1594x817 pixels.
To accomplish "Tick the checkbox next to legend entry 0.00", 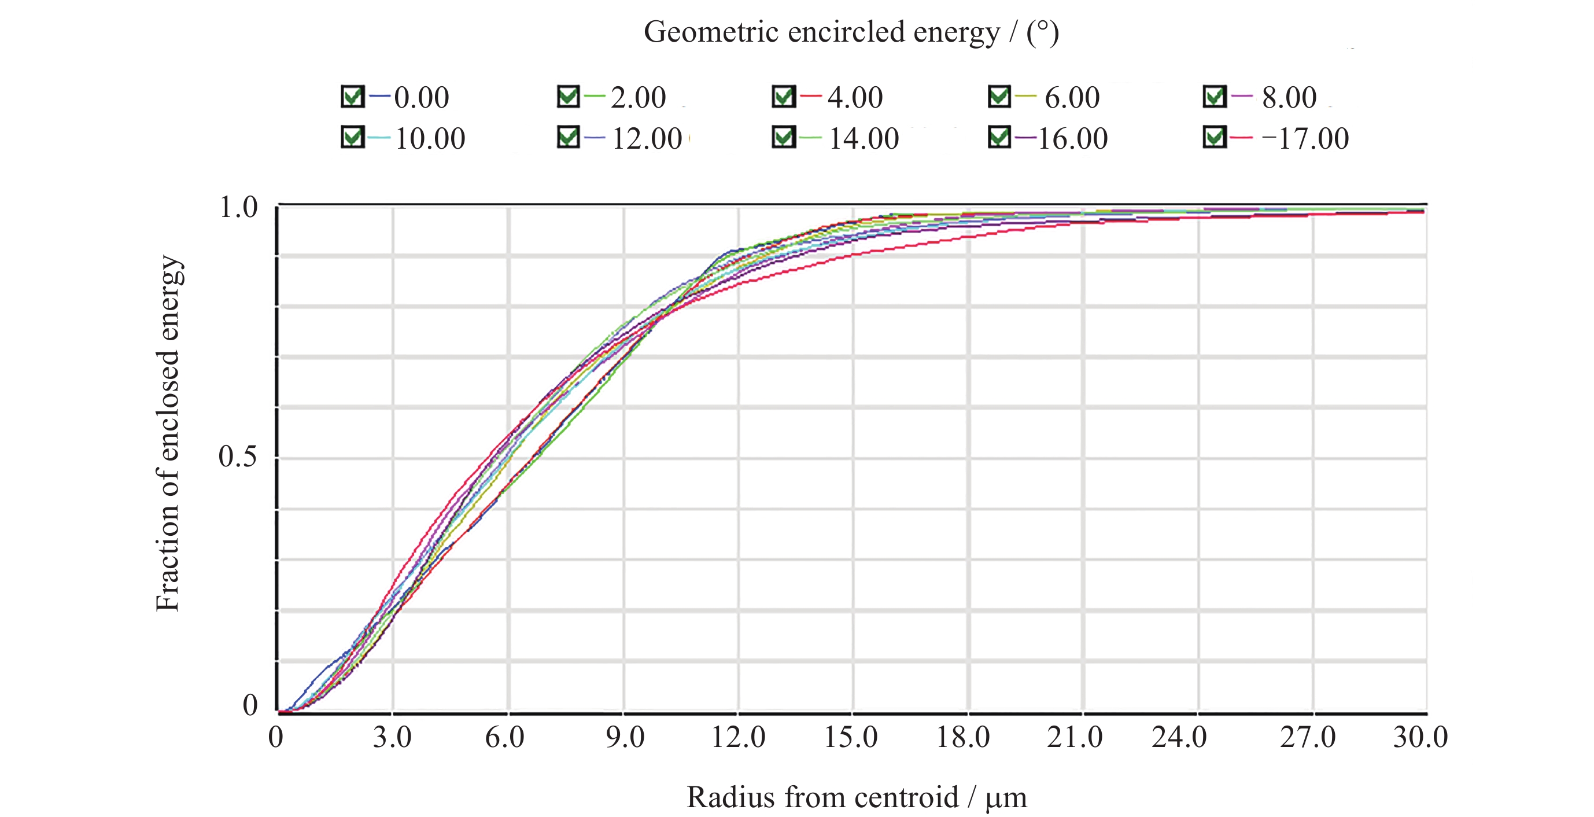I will [x=352, y=97].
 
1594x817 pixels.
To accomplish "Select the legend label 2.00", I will [x=638, y=98].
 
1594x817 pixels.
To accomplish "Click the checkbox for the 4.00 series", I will [x=783, y=97].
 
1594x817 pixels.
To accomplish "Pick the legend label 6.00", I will [x=1072, y=98].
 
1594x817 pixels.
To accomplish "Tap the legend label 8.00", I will [x=1289, y=98].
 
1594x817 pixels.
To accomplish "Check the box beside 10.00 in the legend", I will [x=352, y=137].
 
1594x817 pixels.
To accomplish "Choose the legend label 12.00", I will [x=647, y=139].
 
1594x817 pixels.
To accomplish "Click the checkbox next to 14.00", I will [x=783, y=137].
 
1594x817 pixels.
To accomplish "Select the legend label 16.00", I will [x=1072, y=139].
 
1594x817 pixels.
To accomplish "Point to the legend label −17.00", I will [x=1305, y=139].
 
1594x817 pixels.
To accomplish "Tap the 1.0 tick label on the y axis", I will [x=238, y=207].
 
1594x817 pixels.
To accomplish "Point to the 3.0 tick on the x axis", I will [x=392, y=737].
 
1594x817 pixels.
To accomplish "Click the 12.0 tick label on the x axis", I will [x=737, y=737].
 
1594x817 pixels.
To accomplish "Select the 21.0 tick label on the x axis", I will [x=1074, y=737].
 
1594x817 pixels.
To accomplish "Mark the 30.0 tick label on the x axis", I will [x=1420, y=737].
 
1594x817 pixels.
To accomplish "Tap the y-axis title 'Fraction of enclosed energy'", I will [x=168, y=433].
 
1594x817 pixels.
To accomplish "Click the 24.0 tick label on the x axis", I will [x=1179, y=737].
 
